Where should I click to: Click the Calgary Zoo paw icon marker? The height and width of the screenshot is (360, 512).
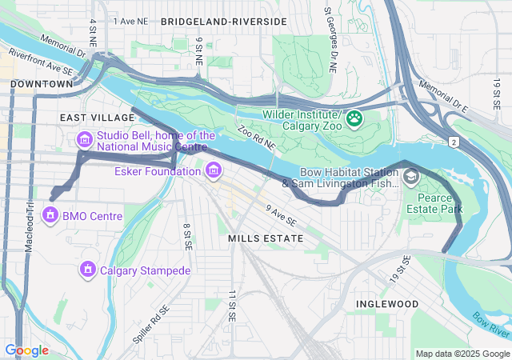[x=354, y=119]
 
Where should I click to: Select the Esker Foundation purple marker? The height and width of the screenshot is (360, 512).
[x=213, y=170]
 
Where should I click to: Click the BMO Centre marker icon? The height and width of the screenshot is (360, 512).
[x=50, y=215]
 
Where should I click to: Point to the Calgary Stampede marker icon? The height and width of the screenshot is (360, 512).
[x=87, y=270]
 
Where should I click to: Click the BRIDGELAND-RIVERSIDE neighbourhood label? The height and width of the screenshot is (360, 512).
[x=223, y=22]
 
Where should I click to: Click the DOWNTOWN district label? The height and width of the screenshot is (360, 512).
[x=42, y=83]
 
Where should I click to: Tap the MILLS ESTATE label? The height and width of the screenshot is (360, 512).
[x=266, y=238]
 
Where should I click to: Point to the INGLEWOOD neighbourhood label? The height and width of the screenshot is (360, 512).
[x=387, y=304]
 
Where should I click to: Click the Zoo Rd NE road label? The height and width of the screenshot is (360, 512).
[x=256, y=138]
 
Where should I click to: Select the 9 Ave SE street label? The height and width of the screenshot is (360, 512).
[x=281, y=214]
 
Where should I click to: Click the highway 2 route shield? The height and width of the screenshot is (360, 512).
[x=454, y=142]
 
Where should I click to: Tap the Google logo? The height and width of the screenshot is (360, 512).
[x=26, y=350]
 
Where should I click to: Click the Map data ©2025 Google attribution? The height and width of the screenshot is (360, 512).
[x=462, y=354]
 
